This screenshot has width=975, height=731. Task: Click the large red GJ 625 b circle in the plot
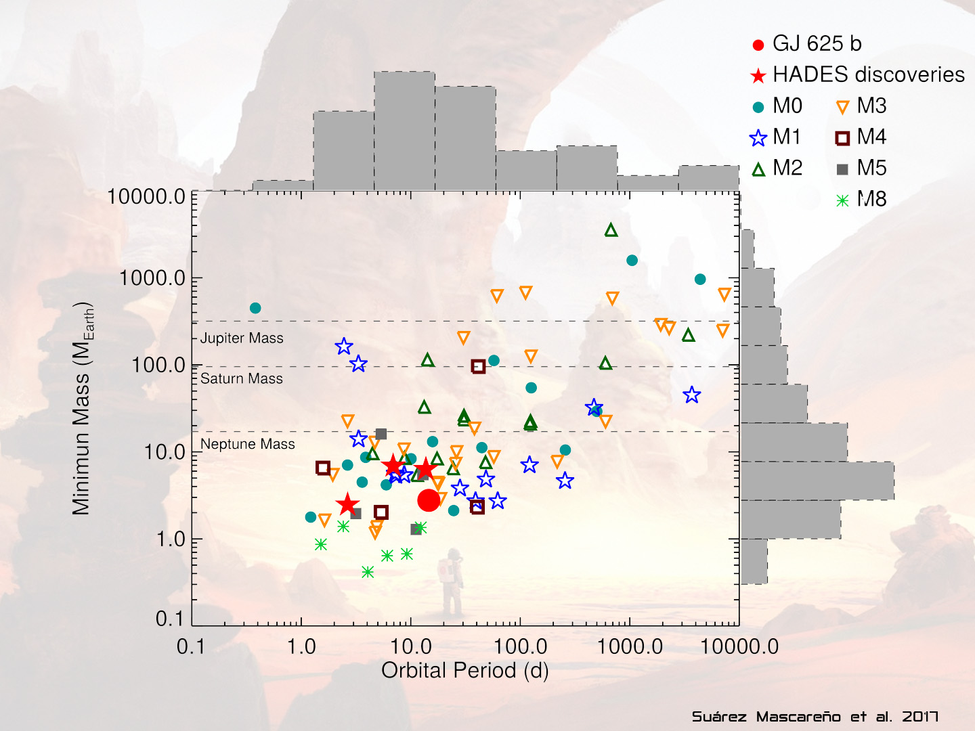[x=429, y=500]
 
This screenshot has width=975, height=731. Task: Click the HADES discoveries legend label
[x=868, y=74]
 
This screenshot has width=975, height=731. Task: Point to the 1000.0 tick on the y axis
[x=152, y=278]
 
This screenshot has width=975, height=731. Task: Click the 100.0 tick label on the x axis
[x=520, y=646]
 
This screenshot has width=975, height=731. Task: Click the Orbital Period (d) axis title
[x=464, y=670]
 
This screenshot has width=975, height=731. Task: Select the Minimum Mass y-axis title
[x=83, y=409]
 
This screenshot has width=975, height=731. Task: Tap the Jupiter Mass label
[x=242, y=338]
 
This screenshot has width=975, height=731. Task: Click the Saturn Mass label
[x=242, y=378]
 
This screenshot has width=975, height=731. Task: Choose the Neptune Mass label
[x=248, y=444]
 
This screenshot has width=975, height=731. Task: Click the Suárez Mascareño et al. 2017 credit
[x=815, y=717]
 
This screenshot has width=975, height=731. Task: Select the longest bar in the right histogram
[x=817, y=481]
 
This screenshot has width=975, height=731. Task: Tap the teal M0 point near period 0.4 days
[x=255, y=308]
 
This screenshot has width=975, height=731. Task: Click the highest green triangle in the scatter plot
[x=611, y=230]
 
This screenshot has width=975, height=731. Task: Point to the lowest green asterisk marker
[x=368, y=572]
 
